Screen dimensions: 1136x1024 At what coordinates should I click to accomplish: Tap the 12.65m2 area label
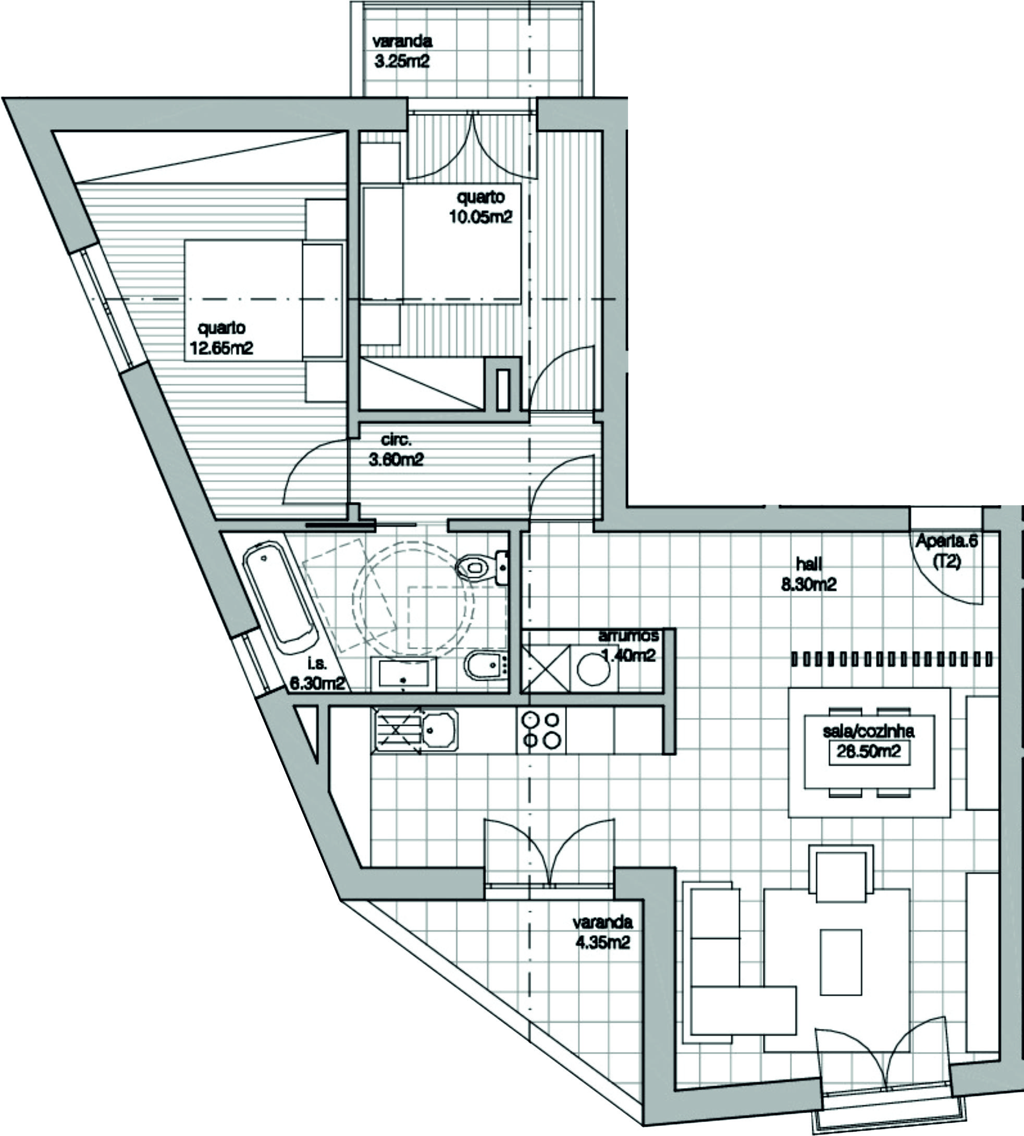point(221,348)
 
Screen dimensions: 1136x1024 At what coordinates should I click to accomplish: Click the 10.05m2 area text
point(480,217)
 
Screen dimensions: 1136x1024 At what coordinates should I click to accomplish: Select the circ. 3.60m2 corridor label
point(396,450)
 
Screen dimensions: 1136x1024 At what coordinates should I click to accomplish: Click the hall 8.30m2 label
point(808,574)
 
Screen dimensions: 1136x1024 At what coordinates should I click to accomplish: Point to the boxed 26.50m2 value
point(869,752)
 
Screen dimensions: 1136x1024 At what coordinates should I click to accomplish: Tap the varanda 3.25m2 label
point(402,51)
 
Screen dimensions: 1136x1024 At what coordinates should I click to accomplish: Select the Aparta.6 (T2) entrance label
point(946,552)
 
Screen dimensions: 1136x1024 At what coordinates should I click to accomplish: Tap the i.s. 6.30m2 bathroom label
point(317,675)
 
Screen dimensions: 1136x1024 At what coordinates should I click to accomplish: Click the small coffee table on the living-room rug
point(841,962)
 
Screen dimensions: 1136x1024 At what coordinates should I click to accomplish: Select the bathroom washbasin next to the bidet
point(403,674)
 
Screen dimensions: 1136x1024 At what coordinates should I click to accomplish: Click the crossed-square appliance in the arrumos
point(545,669)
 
